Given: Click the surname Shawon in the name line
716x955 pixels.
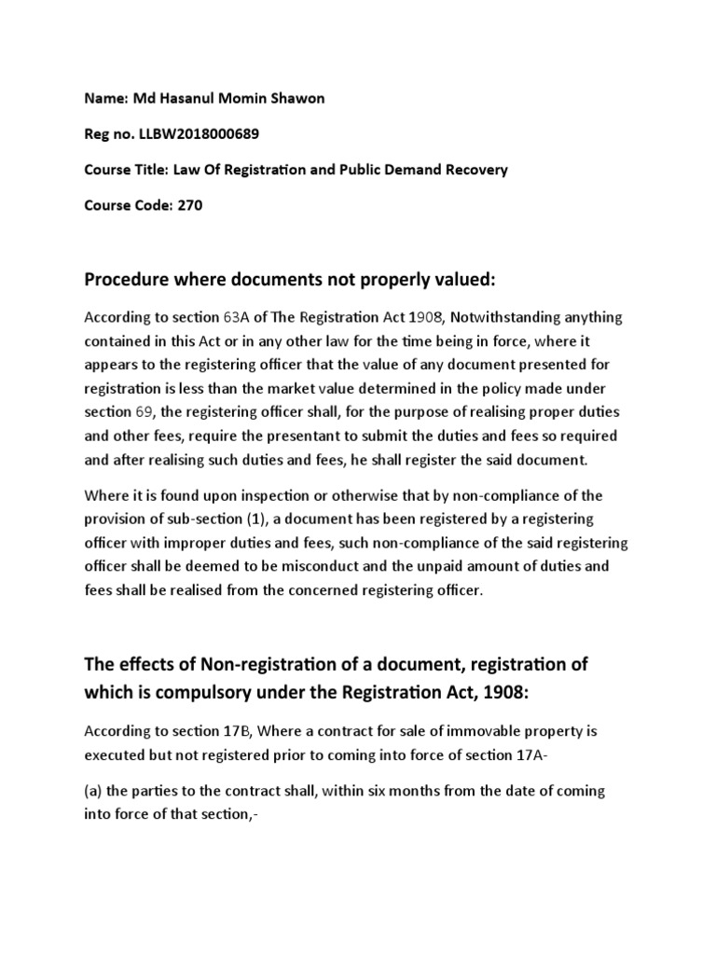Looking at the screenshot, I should [x=298, y=99].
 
